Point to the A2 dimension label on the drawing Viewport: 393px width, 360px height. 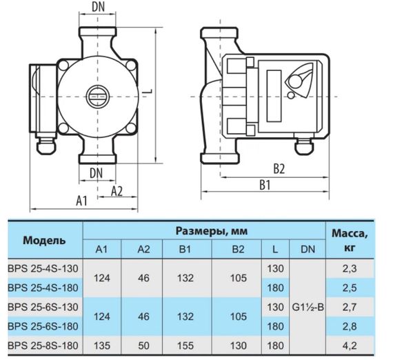click(117, 191)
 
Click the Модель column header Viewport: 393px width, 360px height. click(45, 241)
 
